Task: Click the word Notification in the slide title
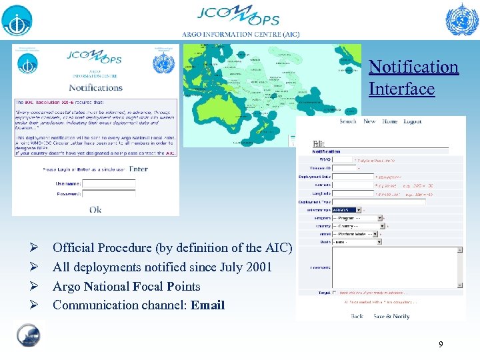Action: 413,67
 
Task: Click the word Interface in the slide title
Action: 401,89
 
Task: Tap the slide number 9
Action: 440,345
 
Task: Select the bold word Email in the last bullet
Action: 208,305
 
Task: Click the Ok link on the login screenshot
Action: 95,209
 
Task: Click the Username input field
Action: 108,183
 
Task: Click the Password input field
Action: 108,193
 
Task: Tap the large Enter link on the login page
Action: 139,169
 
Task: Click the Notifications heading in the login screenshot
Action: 95,87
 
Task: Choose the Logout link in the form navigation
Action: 413,121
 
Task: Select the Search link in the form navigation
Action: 348,121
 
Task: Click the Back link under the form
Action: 357,316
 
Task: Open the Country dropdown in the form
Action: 357,226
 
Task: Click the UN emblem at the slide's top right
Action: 461,19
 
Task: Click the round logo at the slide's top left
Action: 17,20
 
